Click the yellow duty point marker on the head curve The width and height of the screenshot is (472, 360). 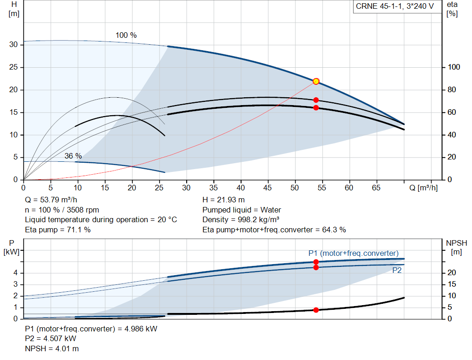316,81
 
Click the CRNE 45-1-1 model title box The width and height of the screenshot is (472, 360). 397,6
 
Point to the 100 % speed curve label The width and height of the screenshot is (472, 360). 126,35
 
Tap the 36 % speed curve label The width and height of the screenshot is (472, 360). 73,156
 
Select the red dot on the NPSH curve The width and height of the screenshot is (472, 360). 316,310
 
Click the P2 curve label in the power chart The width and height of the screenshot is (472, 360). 397,270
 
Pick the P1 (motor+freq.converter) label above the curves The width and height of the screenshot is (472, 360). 354,253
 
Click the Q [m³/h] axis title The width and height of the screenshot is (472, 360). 423,188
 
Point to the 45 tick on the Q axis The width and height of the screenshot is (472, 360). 267,188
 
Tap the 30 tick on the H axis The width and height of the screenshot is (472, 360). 13,45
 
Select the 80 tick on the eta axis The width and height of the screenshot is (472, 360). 452,90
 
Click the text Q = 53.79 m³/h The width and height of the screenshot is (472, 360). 51,200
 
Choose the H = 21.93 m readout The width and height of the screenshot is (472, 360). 224,200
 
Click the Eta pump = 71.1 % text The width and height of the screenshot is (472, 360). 58,230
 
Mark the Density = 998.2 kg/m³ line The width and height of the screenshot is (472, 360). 241,219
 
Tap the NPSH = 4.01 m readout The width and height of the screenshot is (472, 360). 52,348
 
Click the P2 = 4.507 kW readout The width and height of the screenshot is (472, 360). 51,339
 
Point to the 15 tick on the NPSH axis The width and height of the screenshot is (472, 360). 452,284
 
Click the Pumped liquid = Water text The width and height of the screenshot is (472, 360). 242,210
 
